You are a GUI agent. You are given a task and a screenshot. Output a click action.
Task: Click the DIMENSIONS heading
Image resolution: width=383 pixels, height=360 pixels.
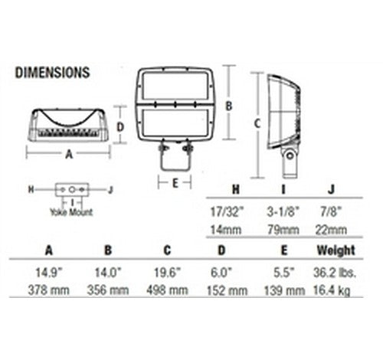pyautogui.click(x=53, y=73)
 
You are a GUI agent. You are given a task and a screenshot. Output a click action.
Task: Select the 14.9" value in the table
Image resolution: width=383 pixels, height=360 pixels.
pyautogui.click(x=49, y=273)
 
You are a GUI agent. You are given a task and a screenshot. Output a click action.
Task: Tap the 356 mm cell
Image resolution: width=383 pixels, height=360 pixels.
pyautogui.click(x=108, y=290)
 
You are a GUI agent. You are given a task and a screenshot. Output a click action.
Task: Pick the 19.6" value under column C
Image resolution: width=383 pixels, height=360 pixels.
pyautogui.click(x=167, y=273)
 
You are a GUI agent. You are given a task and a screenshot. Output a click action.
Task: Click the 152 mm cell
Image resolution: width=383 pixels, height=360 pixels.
pyautogui.click(x=227, y=290)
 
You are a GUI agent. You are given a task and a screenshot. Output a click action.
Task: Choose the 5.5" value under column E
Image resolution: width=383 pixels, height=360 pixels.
pyautogui.click(x=284, y=273)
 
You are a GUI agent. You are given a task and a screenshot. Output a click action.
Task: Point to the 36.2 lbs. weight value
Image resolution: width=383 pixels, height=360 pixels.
pyautogui.click(x=335, y=273)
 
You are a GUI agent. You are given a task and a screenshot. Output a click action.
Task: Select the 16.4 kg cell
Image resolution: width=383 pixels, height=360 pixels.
pyautogui.click(x=332, y=291)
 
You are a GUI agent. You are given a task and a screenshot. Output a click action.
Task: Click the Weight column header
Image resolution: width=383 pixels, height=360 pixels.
pyautogui.click(x=336, y=250)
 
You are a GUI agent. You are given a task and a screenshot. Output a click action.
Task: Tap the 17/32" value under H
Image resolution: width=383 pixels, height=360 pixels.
pyautogui.click(x=228, y=211)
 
